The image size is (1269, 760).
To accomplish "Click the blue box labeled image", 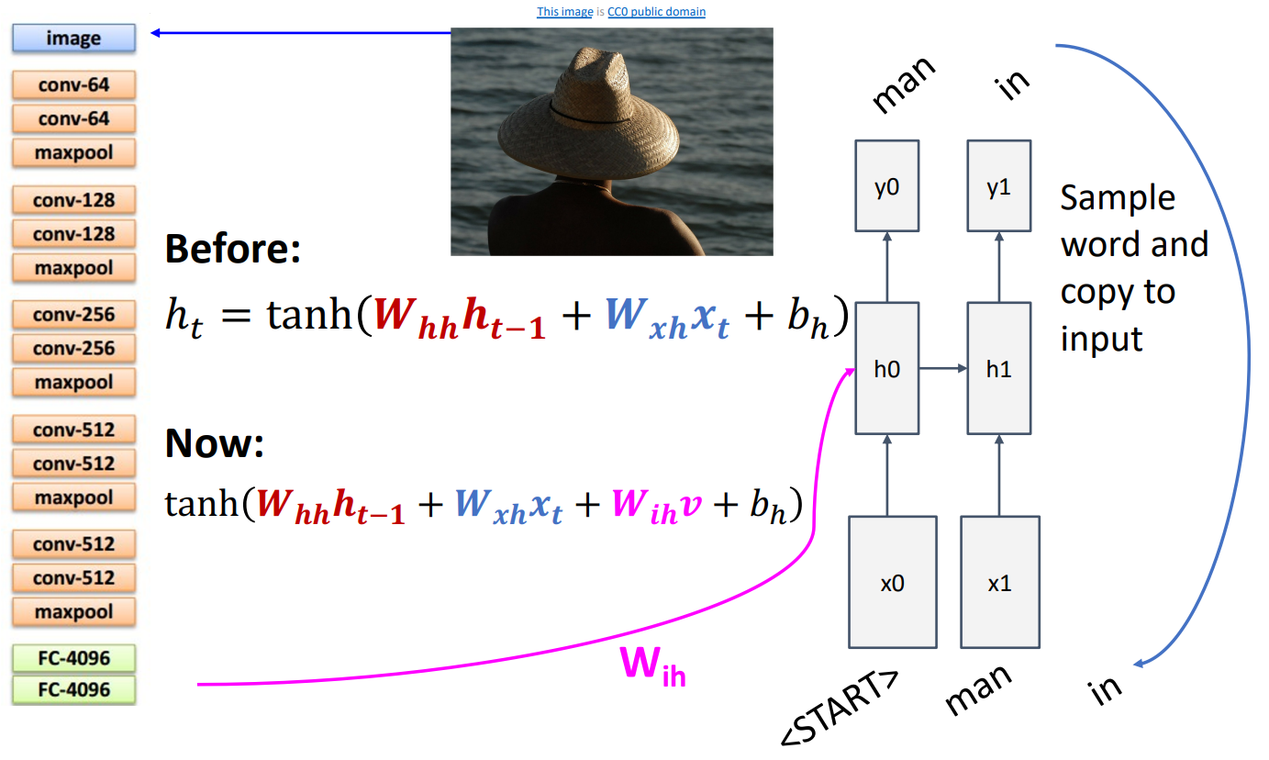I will tap(73, 39).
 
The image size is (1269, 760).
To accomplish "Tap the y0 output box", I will tap(886, 185).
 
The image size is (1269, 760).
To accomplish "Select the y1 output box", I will tap(999, 185).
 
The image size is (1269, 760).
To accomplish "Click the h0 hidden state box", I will tap(886, 368).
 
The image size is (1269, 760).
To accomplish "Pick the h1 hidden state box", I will tap(999, 368).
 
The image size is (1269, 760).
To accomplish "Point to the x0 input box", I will tap(892, 582).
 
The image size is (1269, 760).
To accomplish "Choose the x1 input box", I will tap(999, 582).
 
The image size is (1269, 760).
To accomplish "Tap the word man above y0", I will tap(903, 84).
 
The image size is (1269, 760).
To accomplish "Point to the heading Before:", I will tap(233, 249).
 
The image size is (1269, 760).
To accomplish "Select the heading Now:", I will tap(215, 444).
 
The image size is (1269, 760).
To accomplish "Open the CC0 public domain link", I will tap(656, 12).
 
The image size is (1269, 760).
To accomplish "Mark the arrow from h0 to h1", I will tap(943, 368).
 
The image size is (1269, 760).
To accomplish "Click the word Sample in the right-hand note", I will tap(1117, 197).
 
